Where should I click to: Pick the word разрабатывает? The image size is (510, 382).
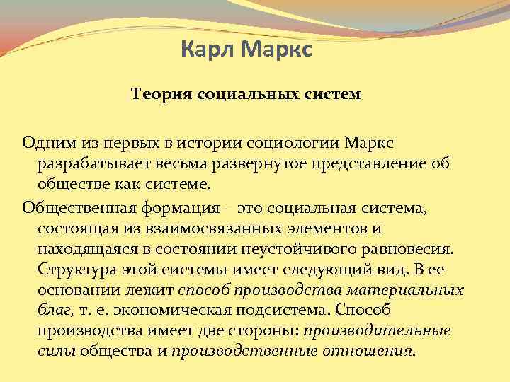pyautogui.click(x=85, y=163)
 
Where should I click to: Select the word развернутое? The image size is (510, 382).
pyautogui.click(x=239, y=163)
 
